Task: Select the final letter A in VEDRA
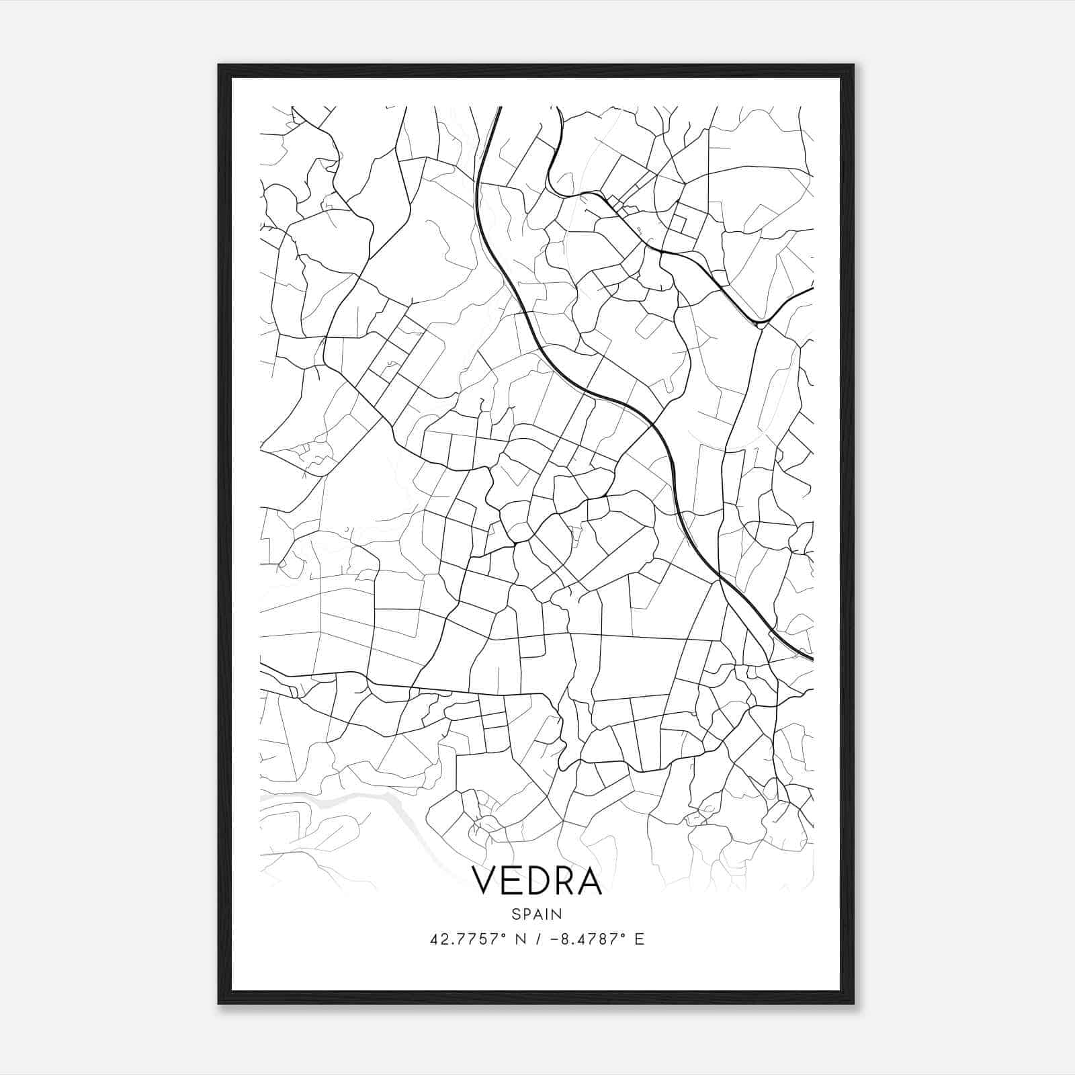[x=589, y=881]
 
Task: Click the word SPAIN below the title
[x=536, y=914]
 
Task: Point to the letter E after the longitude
[x=639, y=939]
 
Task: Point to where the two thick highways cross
[x=720, y=577]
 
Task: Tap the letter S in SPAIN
[x=515, y=914]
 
